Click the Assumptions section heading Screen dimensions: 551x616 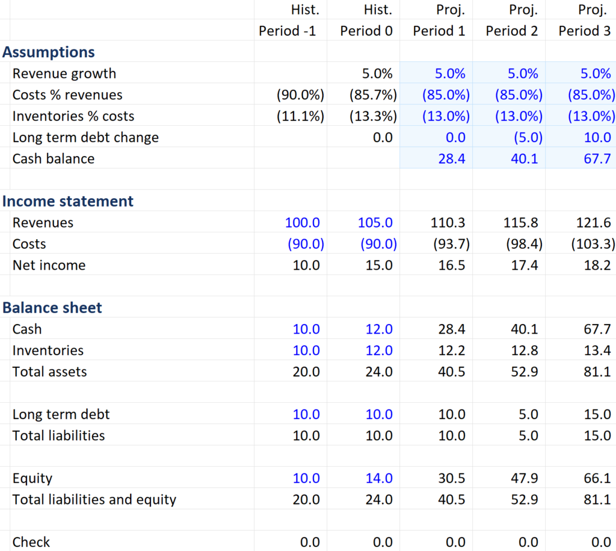coord(49,52)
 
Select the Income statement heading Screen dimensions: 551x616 coord(68,201)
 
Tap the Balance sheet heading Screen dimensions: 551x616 coord(52,308)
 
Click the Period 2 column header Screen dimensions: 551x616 coord(511,31)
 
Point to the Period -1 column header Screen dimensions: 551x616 coord(287,31)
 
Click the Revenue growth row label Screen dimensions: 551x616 coord(64,73)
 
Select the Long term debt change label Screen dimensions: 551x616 coord(85,137)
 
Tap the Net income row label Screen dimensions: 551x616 coord(49,265)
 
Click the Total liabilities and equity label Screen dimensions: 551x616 coord(94,499)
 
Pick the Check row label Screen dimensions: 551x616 coord(31,542)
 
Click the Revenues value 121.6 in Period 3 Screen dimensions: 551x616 coord(594,223)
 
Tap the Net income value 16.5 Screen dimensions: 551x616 coord(452,265)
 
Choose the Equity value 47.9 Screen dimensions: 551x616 coord(525,478)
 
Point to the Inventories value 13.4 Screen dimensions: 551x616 coord(597,350)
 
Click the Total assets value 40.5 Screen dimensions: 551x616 coord(452,372)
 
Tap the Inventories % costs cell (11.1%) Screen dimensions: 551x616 coord(300,116)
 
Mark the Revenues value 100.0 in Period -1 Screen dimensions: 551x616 coord(303,223)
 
